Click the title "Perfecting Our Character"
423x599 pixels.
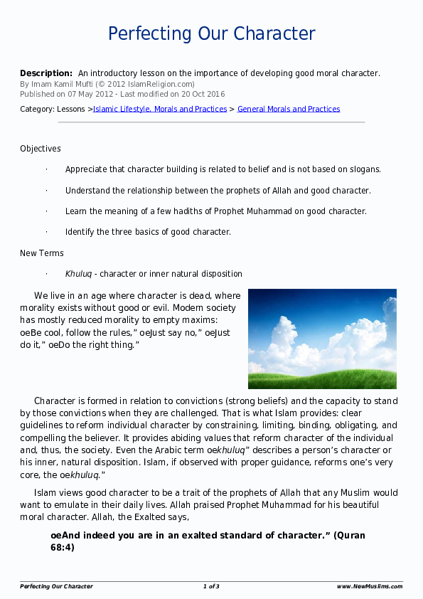pyautogui.click(x=211, y=33)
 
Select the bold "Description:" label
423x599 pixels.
pyautogui.click(x=46, y=73)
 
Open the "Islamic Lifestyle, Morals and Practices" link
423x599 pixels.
pyautogui.click(x=160, y=109)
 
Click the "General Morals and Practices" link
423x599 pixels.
pyautogui.click(x=289, y=109)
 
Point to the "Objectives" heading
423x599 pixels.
pyautogui.click(x=41, y=149)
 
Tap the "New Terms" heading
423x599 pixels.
pyautogui.click(x=42, y=253)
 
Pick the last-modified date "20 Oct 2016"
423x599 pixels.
pyautogui.click(x=203, y=94)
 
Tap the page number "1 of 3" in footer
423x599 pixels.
pyautogui.click(x=211, y=587)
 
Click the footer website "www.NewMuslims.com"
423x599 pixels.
pyautogui.click(x=369, y=587)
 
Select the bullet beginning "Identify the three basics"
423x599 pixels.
pyautogui.click(x=148, y=232)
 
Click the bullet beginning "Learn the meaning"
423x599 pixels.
pyautogui.click(x=215, y=211)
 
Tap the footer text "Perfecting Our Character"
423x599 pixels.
pyautogui.click(x=56, y=587)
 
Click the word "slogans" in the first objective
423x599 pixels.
pyautogui.click(x=363, y=169)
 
